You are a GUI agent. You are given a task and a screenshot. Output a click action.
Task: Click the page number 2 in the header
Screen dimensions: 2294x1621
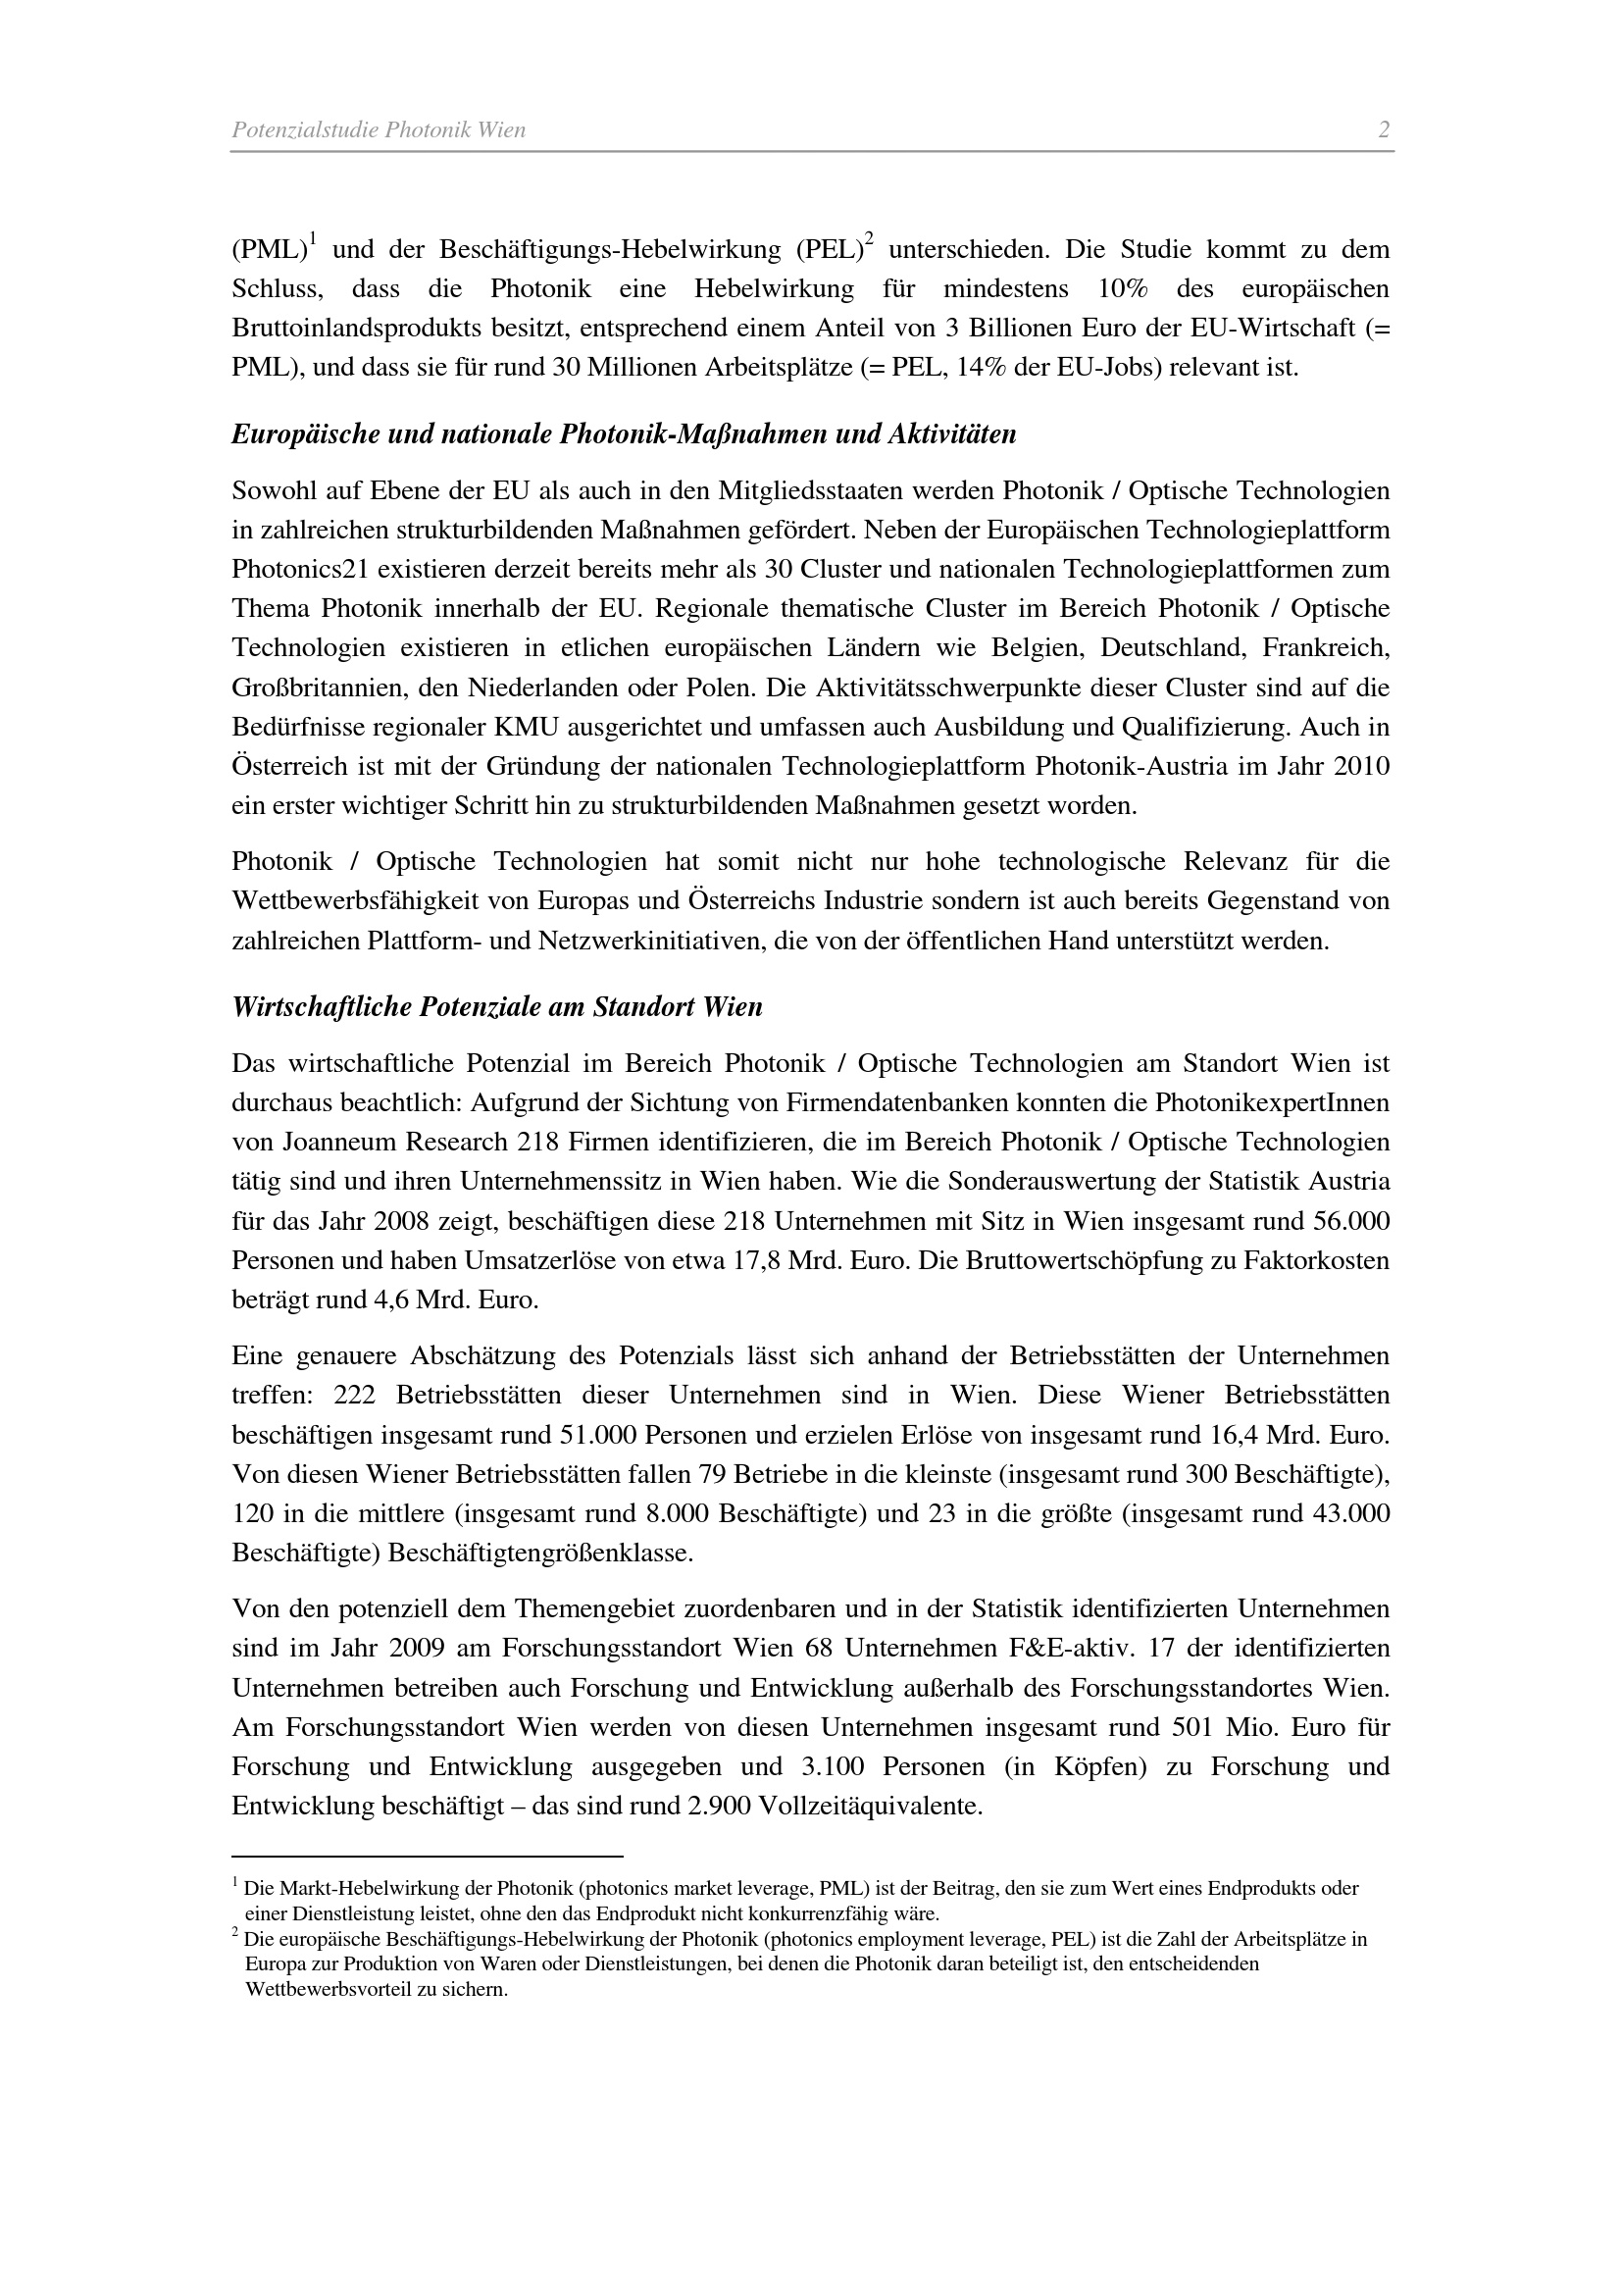tap(1384, 129)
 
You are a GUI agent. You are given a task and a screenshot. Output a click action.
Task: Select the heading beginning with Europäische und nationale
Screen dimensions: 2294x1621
tap(624, 434)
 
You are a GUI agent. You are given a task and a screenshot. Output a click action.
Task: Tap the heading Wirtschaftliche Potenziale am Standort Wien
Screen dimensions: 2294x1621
tap(496, 1006)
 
